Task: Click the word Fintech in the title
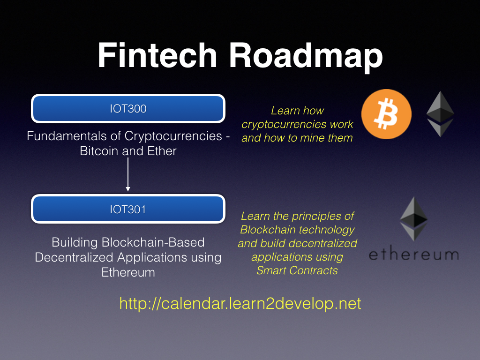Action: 157,56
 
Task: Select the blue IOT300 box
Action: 128,109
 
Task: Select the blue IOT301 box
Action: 128,210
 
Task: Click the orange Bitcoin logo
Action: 386,115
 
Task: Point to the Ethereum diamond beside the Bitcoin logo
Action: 440,114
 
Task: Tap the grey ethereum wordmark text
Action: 413,255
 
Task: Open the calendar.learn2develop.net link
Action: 240,303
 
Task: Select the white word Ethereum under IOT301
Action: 128,272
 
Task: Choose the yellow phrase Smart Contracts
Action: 297,270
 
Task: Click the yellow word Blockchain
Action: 267,230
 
